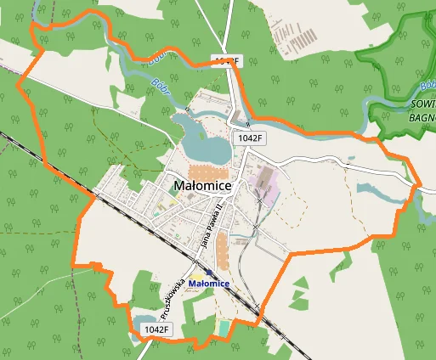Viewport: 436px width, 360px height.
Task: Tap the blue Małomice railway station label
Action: point(210,283)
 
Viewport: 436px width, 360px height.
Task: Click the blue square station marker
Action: point(209,272)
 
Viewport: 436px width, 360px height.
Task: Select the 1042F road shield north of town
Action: point(252,137)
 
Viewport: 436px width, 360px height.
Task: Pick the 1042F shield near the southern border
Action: point(157,329)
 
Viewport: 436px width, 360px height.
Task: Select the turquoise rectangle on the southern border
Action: point(224,327)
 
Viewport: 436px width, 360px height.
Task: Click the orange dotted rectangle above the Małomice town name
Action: point(202,171)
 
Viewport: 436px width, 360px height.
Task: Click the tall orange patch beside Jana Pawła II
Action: point(223,250)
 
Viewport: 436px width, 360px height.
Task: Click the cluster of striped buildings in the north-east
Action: point(294,34)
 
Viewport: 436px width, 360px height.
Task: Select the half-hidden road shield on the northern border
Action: point(226,60)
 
